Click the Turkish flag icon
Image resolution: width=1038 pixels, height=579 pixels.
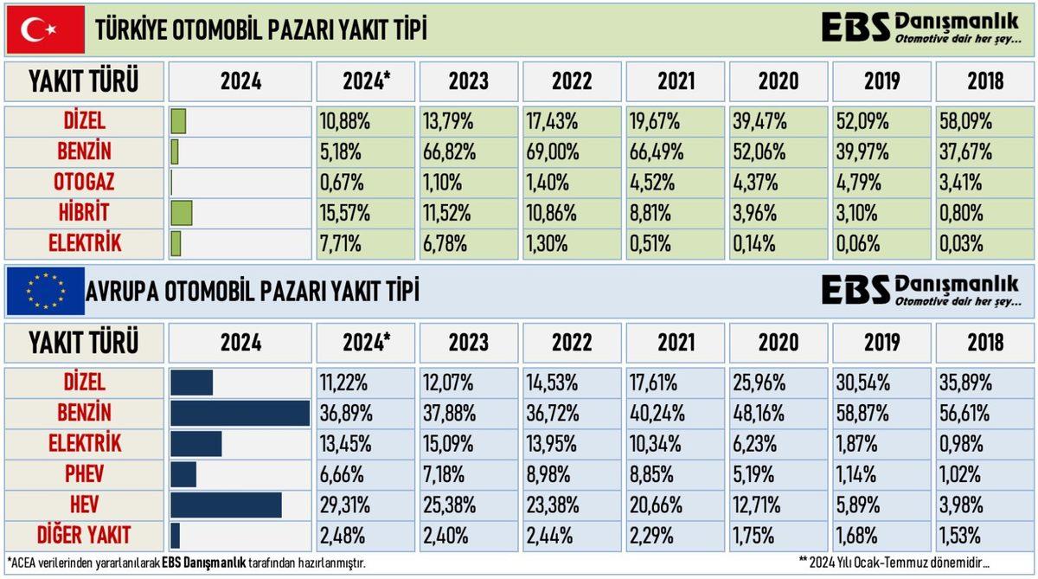(45, 30)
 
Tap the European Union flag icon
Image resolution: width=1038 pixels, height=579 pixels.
(45, 291)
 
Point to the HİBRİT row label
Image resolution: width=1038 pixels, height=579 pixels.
(85, 213)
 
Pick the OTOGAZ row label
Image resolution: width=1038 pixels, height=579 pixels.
(85, 183)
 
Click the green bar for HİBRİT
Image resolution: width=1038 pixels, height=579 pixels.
(182, 213)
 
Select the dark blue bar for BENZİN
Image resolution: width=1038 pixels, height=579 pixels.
(240, 413)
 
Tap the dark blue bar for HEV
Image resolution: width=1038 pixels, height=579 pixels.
(226, 505)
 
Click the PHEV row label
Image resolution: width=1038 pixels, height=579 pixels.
(85, 474)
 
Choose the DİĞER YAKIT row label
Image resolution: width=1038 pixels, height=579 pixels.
(85, 535)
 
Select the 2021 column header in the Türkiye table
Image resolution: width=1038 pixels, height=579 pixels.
(676, 81)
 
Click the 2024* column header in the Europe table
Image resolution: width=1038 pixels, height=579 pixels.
(366, 342)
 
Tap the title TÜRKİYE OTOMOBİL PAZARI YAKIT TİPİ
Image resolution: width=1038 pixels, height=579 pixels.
(260, 30)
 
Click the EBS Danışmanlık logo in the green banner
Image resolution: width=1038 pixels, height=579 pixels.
(919, 29)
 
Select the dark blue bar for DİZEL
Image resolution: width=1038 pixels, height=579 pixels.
(191, 383)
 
